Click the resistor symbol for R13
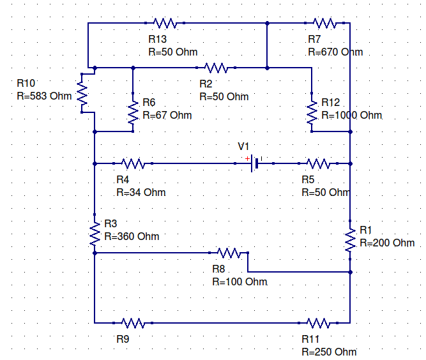pos(165,23)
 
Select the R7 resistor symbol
pos(324,23)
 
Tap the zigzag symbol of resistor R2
pos(216,67)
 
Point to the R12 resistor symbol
pos(312,112)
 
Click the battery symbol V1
pos(255,163)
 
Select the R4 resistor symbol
pos(133,163)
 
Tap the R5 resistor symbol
pos(318,163)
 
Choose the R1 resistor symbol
pos(350,240)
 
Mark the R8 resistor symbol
pos(229,253)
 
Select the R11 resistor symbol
pos(318,322)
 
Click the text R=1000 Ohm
pos(351,116)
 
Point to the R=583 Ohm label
pos(44,96)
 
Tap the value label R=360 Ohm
pos(131,236)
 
